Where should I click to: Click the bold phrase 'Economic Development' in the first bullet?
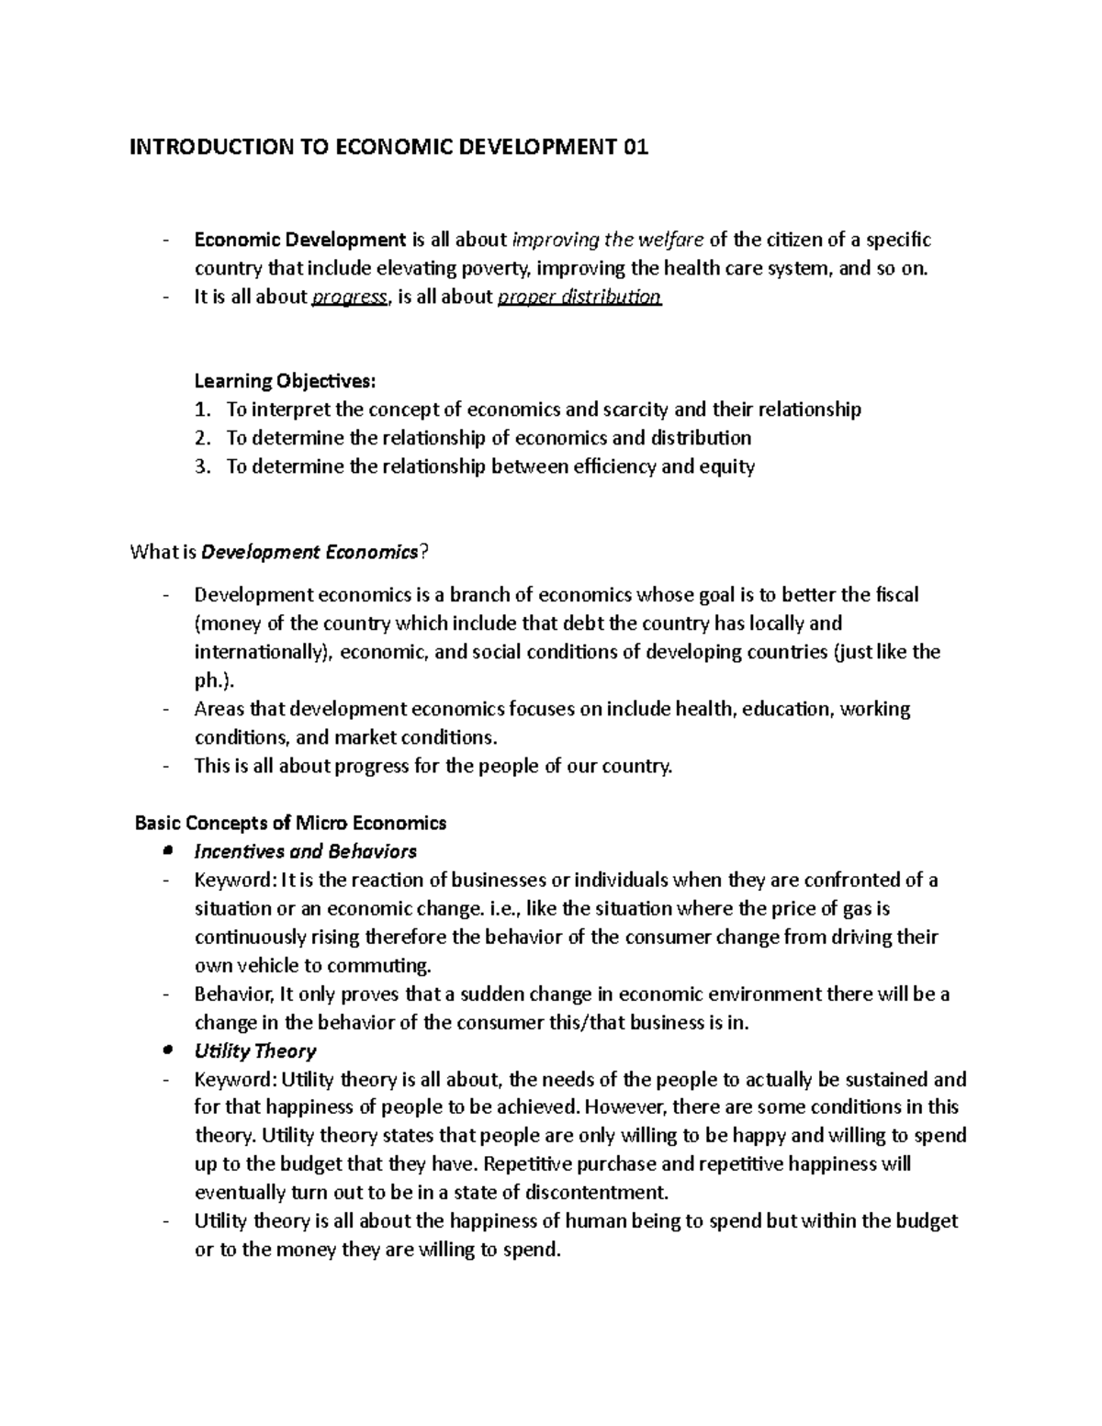pos(299,241)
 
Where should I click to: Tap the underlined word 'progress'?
pos(349,298)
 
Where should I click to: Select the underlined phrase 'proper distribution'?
pos(579,298)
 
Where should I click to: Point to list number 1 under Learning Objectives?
pos(202,410)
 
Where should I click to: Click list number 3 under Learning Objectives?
pos(202,466)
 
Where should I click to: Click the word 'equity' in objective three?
pos(727,466)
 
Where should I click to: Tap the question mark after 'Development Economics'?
pos(423,553)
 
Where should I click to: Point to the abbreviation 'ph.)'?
pos(214,680)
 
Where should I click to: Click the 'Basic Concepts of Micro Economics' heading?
pos(291,823)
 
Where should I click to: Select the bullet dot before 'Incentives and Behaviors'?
pos(166,851)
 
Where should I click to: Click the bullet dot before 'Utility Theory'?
pos(166,1050)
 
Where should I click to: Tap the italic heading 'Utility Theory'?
pos(255,1051)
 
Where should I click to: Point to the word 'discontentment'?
pos(598,1193)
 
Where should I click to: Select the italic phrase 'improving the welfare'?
pos(608,241)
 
